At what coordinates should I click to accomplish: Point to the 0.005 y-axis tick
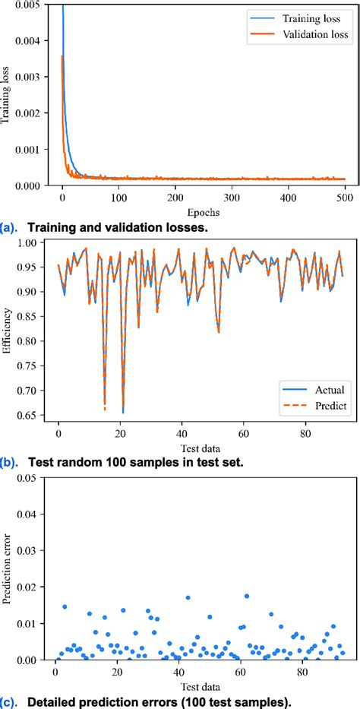click(x=21, y=5)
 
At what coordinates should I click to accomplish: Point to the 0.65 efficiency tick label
click(x=30, y=414)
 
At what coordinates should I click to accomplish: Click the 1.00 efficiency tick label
click(x=30, y=243)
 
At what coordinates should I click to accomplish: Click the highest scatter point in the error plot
click(x=246, y=597)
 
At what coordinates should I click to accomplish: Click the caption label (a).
click(x=11, y=226)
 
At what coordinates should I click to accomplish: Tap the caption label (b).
click(x=11, y=461)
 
